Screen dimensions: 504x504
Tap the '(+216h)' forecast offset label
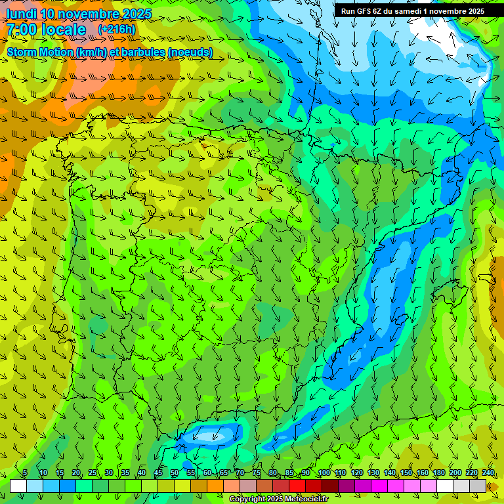pyautogui.click(x=116, y=29)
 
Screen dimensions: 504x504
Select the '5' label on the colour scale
pyautogui.click(x=25, y=473)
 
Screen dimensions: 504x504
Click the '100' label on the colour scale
pyautogui.click(x=324, y=473)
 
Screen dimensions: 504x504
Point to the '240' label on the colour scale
pyautogui.click(x=488, y=473)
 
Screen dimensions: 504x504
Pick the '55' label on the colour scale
pyautogui.click(x=191, y=473)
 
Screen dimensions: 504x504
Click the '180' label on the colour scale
pyautogui.click(x=438, y=473)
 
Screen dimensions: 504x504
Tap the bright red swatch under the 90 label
pyautogui.click(x=297, y=486)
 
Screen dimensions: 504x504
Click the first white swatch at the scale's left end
pyautogui.click(x=18, y=486)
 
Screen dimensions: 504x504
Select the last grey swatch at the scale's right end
pyautogui.click(x=478, y=486)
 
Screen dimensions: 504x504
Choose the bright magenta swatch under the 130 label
pyautogui.click(x=379, y=486)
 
